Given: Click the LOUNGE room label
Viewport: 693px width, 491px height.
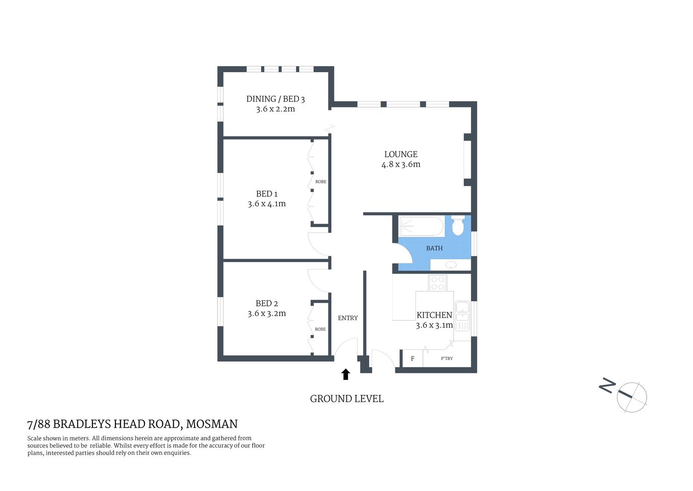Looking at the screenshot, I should (401, 154).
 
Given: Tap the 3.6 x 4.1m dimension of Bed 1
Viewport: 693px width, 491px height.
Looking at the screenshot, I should (267, 204).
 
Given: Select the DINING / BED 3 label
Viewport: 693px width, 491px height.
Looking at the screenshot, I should (275, 99).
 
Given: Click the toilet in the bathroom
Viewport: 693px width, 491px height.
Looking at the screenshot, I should (458, 226).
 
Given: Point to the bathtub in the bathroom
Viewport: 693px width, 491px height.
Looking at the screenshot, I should (421, 226).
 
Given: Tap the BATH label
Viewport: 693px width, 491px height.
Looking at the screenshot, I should (434, 248).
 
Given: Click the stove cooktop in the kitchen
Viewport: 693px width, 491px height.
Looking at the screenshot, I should (437, 283).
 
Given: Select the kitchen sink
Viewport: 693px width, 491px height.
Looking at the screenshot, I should (462, 311).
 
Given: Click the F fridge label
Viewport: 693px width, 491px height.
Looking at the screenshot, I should (413, 359).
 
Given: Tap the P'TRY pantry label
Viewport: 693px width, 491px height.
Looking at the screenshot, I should (447, 359).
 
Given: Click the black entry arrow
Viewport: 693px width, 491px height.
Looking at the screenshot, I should (346, 374).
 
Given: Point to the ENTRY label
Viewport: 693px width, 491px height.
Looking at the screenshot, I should (348, 318).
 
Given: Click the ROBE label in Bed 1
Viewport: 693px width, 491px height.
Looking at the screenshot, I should (321, 182).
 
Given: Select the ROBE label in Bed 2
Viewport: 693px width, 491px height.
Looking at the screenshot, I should (320, 329).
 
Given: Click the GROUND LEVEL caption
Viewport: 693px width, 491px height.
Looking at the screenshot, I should (347, 398).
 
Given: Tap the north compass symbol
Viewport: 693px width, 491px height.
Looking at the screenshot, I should (631, 397).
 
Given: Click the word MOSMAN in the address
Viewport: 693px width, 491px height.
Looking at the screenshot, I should (211, 424).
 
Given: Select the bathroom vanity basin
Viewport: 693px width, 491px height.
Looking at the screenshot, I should (450, 264).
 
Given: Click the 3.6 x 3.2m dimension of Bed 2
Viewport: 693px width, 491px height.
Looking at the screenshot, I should (267, 314).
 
